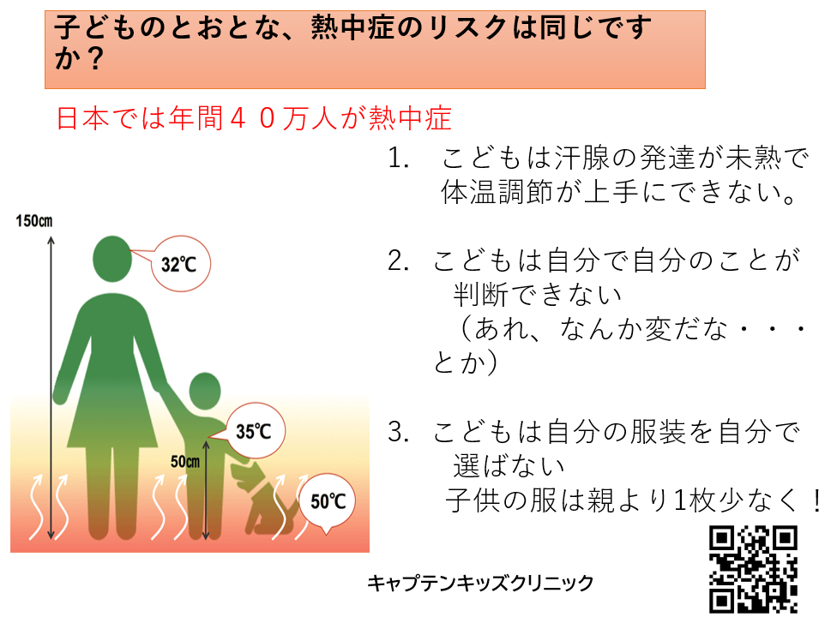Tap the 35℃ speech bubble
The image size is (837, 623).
coord(254,430)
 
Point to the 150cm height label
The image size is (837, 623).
coord(33,221)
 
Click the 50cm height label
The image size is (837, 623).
coord(184,461)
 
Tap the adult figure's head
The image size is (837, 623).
coord(112,259)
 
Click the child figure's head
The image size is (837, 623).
coord(204,391)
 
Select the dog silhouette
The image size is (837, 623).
coord(264,499)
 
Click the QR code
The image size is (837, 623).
coord(753,569)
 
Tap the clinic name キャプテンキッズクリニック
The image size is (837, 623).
coord(480,583)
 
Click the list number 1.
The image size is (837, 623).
coord(398,159)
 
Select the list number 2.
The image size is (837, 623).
coord(398,261)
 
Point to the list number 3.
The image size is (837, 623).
coord(398,432)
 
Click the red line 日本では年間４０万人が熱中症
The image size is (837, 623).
coord(254,118)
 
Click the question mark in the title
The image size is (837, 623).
coord(95,58)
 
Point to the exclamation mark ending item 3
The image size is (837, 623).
coord(816,500)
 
